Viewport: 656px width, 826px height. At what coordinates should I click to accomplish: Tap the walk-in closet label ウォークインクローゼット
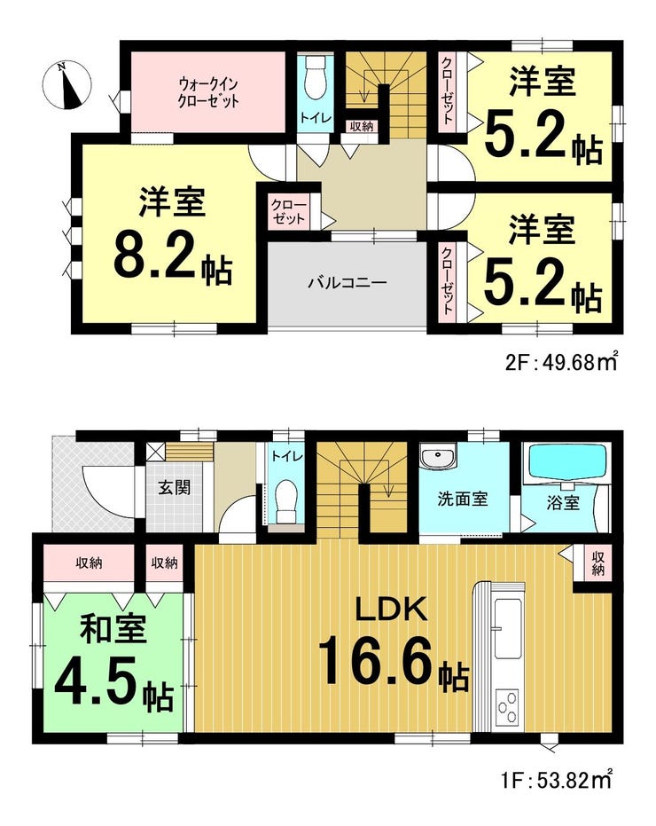click(x=209, y=91)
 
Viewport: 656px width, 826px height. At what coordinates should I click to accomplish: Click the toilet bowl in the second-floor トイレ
click(x=316, y=78)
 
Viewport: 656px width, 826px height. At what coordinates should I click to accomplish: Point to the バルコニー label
click(x=348, y=283)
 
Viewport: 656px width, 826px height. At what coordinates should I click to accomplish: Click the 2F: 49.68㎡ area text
click(x=560, y=362)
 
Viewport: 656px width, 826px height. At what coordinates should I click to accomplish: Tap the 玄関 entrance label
click(x=175, y=487)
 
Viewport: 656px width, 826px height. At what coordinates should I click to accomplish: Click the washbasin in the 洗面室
click(x=438, y=457)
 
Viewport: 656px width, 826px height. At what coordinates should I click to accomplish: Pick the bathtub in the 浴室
click(x=566, y=462)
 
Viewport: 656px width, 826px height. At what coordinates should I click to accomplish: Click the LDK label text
click(x=390, y=610)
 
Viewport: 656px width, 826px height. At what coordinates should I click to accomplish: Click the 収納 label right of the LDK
click(x=597, y=563)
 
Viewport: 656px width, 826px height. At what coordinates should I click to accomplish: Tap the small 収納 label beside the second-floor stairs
click(x=361, y=126)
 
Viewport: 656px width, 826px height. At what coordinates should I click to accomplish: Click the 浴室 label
click(x=563, y=503)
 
